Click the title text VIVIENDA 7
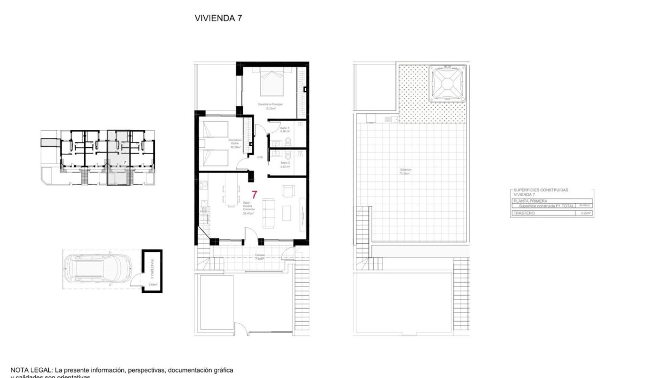pyautogui.click(x=218, y=18)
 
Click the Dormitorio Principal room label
pyautogui.click(x=271, y=105)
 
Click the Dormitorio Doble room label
pyautogui.click(x=235, y=143)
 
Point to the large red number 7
pyautogui.click(x=254, y=193)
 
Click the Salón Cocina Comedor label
pyautogui.click(x=249, y=208)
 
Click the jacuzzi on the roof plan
pyautogui.click(x=447, y=84)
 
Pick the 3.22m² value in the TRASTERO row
pyautogui.click(x=584, y=214)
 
